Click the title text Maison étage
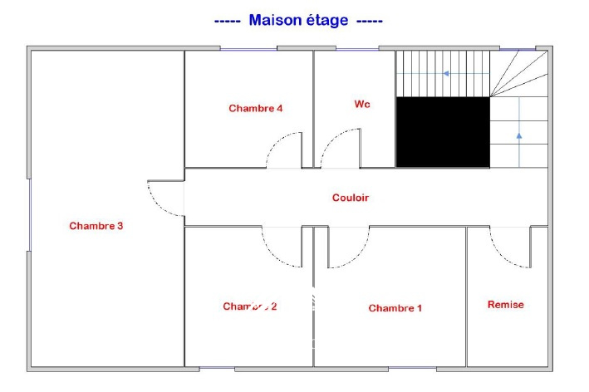click(x=298, y=20)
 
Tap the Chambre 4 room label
click(x=255, y=109)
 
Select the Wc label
click(x=362, y=104)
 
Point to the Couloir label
click(x=351, y=198)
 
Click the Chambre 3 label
click(x=96, y=226)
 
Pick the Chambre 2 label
click(x=250, y=306)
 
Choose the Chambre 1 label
click(x=395, y=308)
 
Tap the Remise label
click(x=506, y=305)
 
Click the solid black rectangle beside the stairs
click(x=443, y=132)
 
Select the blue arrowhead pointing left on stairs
click(x=446, y=74)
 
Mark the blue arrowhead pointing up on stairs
click(x=519, y=136)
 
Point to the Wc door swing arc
click(x=341, y=149)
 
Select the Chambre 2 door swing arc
click(x=282, y=247)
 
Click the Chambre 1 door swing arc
click(x=349, y=247)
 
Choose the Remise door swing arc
click(x=510, y=247)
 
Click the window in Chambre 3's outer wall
click(x=29, y=215)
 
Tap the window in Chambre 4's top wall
click(x=248, y=49)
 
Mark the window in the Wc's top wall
click(x=357, y=49)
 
